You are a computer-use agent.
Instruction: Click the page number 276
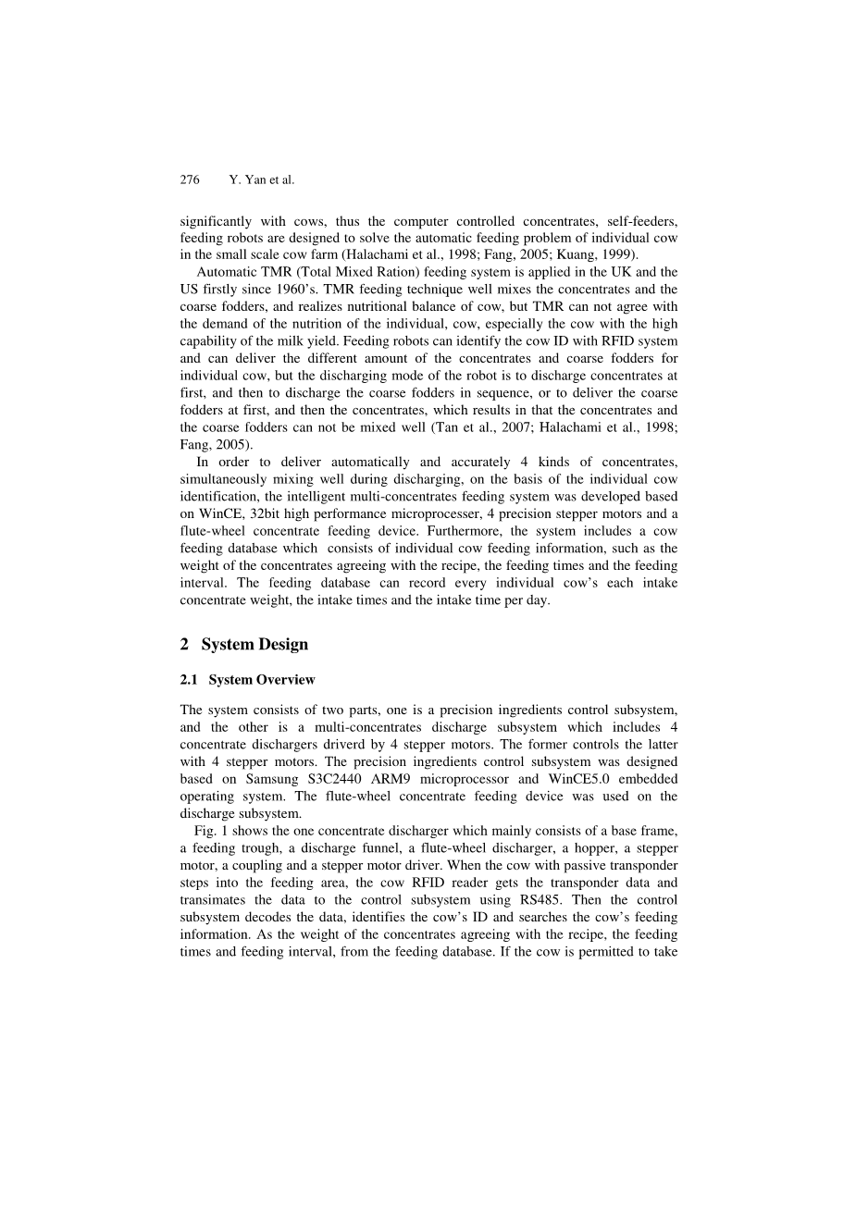click(190, 180)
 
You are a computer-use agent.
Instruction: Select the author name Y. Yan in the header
click(247, 180)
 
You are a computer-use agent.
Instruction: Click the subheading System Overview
click(262, 680)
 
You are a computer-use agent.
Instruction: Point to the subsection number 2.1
click(190, 680)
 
